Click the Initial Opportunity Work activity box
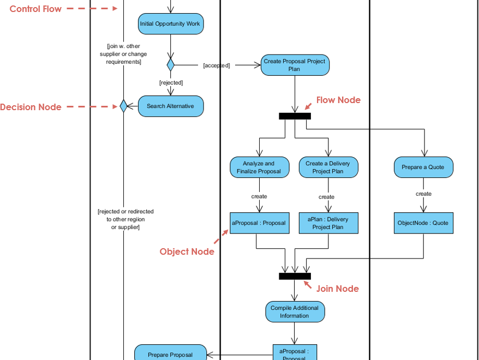pyautogui.click(x=170, y=24)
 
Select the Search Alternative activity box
pyautogui.click(x=170, y=106)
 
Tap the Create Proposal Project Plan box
pyautogui.click(x=295, y=65)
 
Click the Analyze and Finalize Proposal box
pyautogui.click(x=259, y=167)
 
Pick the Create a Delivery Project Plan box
pyautogui.click(x=328, y=167)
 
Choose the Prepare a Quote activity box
pyautogui.click(x=423, y=167)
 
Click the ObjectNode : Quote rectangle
pyautogui.click(x=423, y=223)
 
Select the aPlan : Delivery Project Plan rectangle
pyautogui.click(x=328, y=223)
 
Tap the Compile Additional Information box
pyautogui.click(x=295, y=312)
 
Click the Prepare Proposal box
pyautogui.click(x=170, y=353)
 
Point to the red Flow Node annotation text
pyautogui.click(x=338, y=100)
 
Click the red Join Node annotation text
pyautogui.click(x=337, y=289)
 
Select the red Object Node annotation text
pyautogui.click(x=187, y=251)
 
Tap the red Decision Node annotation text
pyautogui.click(x=31, y=107)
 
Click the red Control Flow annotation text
pyautogui.click(x=35, y=9)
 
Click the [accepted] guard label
pyautogui.click(x=217, y=65)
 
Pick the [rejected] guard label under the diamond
pyautogui.click(x=171, y=83)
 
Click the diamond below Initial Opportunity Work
pyautogui.click(x=170, y=65)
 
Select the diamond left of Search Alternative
pyautogui.click(x=123, y=106)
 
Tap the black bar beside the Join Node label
pyautogui.click(x=295, y=276)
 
